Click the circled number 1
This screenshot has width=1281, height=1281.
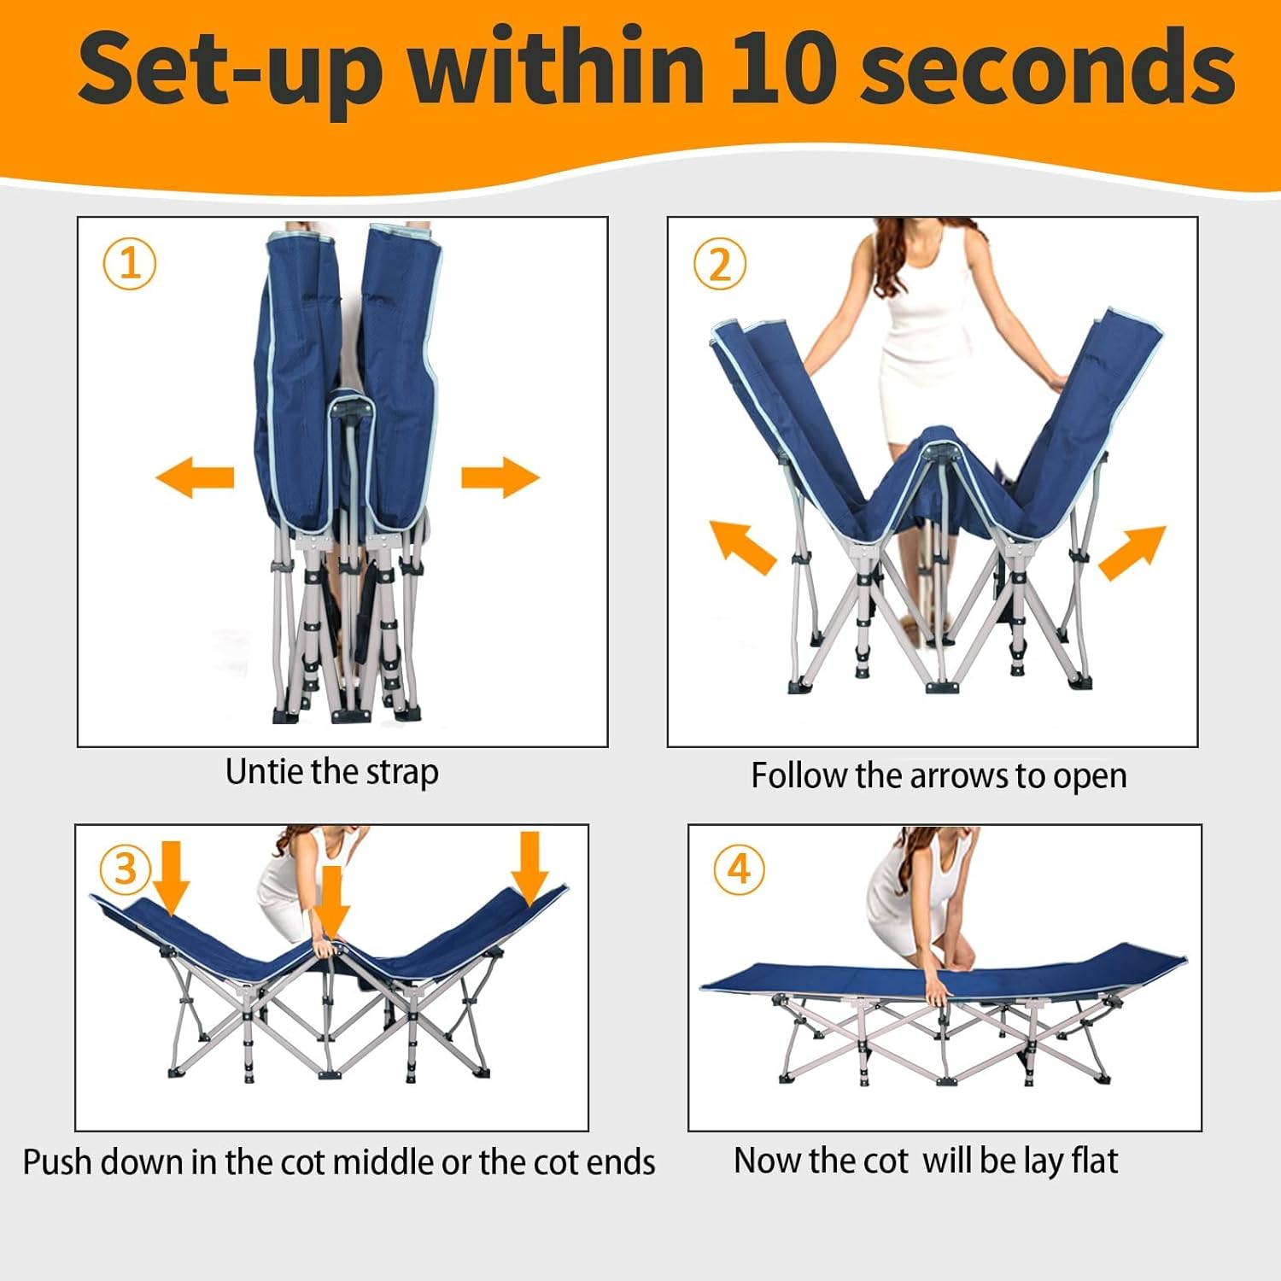pyautogui.click(x=130, y=263)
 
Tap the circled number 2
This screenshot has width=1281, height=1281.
pyautogui.click(x=720, y=264)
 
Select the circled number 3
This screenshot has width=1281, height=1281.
pyautogui.click(x=126, y=869)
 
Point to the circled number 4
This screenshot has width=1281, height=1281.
pyautogui.click(x=739, y=869)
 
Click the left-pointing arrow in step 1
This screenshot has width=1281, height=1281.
pyautogui.click(x=195, y=477)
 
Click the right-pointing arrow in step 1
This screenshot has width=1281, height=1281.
pyautogui.click(x=500, y=477)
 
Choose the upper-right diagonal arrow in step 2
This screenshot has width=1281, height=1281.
pyautogui.click(x=1132, y=553)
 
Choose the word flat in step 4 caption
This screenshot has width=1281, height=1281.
pyautogui.click(x=1094, y=1161)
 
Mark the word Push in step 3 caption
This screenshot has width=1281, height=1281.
pyautogui.click(x=55, y=1162)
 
